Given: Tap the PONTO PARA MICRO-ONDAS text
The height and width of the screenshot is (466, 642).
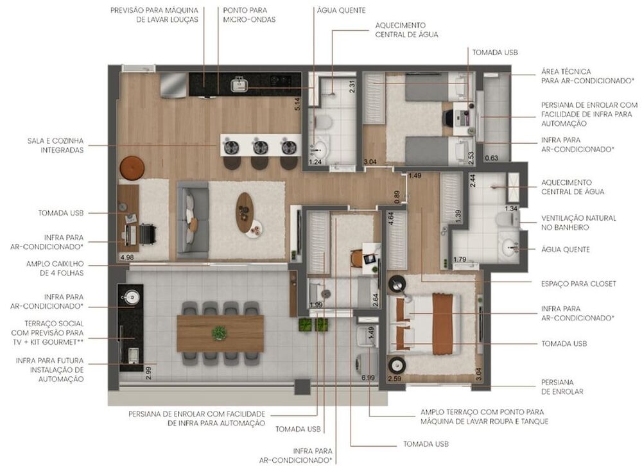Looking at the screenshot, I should pos(249,15).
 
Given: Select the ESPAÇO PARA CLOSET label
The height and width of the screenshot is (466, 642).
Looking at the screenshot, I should pos(578,283).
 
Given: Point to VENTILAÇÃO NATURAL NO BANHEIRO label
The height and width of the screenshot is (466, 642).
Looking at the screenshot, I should pos(578,222).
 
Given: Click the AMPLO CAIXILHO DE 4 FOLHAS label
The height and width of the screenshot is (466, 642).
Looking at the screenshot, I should pos(55,268).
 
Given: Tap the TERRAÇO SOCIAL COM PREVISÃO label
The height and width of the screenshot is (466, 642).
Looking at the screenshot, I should pos(48,333).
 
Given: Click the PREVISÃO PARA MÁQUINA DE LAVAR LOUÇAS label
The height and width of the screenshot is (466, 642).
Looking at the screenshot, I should pos(154,15).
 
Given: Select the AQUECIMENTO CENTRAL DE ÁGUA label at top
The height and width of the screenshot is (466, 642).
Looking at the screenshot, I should pos(406,30).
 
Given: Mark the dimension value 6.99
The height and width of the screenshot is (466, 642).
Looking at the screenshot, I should pos(368,378).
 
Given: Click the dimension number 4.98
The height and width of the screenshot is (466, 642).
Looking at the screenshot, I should pos(126,257).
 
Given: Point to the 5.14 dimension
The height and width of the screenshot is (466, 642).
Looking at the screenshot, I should pos(297,105).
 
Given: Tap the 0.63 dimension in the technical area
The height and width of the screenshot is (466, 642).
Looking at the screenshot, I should pos(491,157).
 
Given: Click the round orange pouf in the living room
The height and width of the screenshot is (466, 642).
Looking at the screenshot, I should pos(132,168).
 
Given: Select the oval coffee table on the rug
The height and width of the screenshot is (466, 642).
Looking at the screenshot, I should pos(245,211).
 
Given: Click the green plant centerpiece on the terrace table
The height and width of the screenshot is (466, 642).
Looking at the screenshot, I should pos(220,333).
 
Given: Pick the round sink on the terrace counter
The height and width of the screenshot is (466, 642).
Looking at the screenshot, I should pos(132,297).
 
